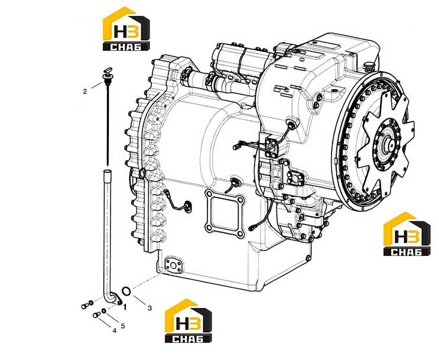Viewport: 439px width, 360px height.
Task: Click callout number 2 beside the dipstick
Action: [x=85, y=92]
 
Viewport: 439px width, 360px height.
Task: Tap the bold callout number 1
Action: [x=125, y=307]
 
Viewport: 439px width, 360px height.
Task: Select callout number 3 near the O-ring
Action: [x=150, y=308]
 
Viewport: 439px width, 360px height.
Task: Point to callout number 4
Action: [x=114, y=331]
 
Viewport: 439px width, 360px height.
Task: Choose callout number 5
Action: [x=123, y=326]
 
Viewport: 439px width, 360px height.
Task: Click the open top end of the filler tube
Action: [x=107, y=171]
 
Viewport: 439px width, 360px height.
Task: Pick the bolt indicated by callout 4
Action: [x=96, y=315]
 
